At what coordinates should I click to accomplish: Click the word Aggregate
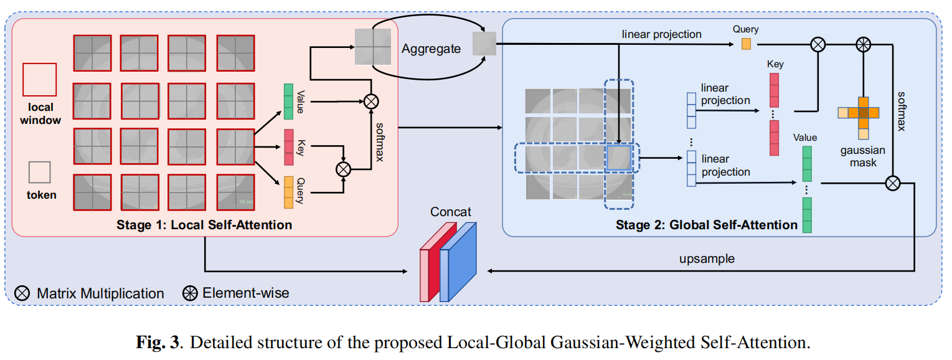click(431, 49)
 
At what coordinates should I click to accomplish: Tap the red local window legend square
click(39, 79)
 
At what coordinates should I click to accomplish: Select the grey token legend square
click(40, 172)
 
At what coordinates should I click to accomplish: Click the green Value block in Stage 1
click(288, 102)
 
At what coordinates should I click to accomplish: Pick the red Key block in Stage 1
click(288, 148)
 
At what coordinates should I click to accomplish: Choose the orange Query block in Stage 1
click(288, 192)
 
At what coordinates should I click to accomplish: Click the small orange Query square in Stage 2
click(746, 44)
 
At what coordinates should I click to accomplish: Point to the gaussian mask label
click(863, 156)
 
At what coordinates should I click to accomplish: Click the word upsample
click(707, 258)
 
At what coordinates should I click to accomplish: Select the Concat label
click(451, 212)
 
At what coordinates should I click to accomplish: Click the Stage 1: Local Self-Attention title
click(204, 224)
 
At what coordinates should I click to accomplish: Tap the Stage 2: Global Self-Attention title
click(707, 225)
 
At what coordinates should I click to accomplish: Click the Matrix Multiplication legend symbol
click(23, 293)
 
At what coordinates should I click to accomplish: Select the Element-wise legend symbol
click(190, 293)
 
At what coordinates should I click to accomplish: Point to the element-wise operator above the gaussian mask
click(863, 44)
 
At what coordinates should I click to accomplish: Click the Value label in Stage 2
click(805, 138)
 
